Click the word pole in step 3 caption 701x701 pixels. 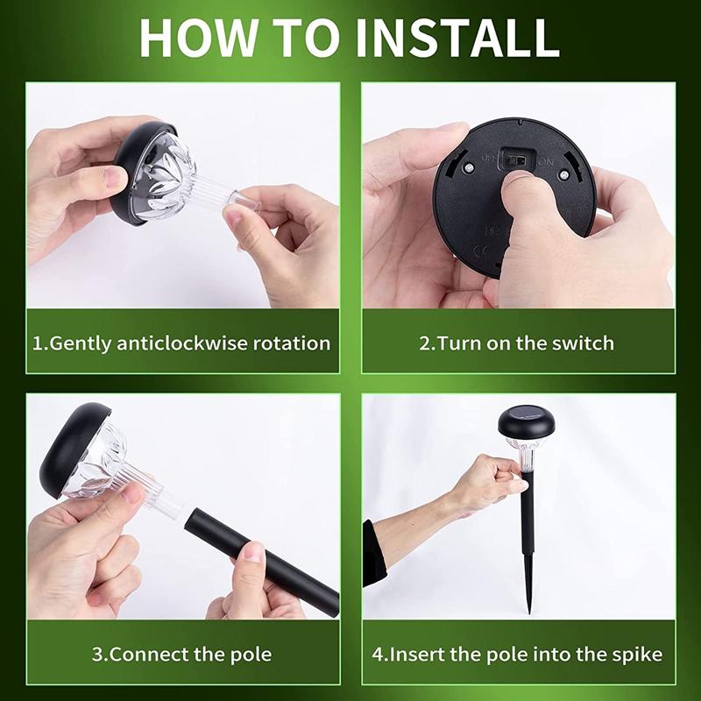[251, 654]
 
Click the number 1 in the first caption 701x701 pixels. [38, 343]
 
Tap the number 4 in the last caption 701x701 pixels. [376, 654]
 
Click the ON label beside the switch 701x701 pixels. [545, 162]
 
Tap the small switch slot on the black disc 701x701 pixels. [517, 160]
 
